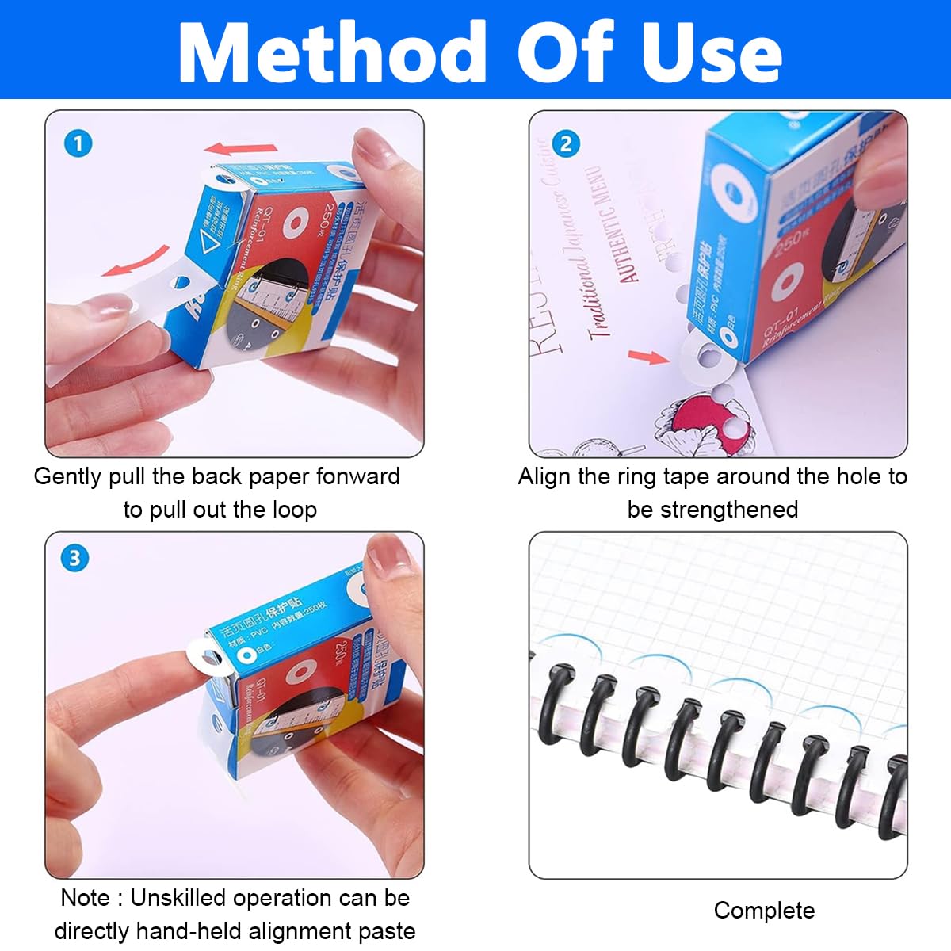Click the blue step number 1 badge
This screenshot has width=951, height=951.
pos(78,143)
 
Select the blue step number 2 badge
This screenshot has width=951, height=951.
pos(565,143)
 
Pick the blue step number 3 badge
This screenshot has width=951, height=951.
pos(74,558)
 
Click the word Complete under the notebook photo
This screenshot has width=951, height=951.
pos(763,911)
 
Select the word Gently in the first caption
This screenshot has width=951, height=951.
pos(68,476)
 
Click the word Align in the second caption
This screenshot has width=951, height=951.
pos(544,476)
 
